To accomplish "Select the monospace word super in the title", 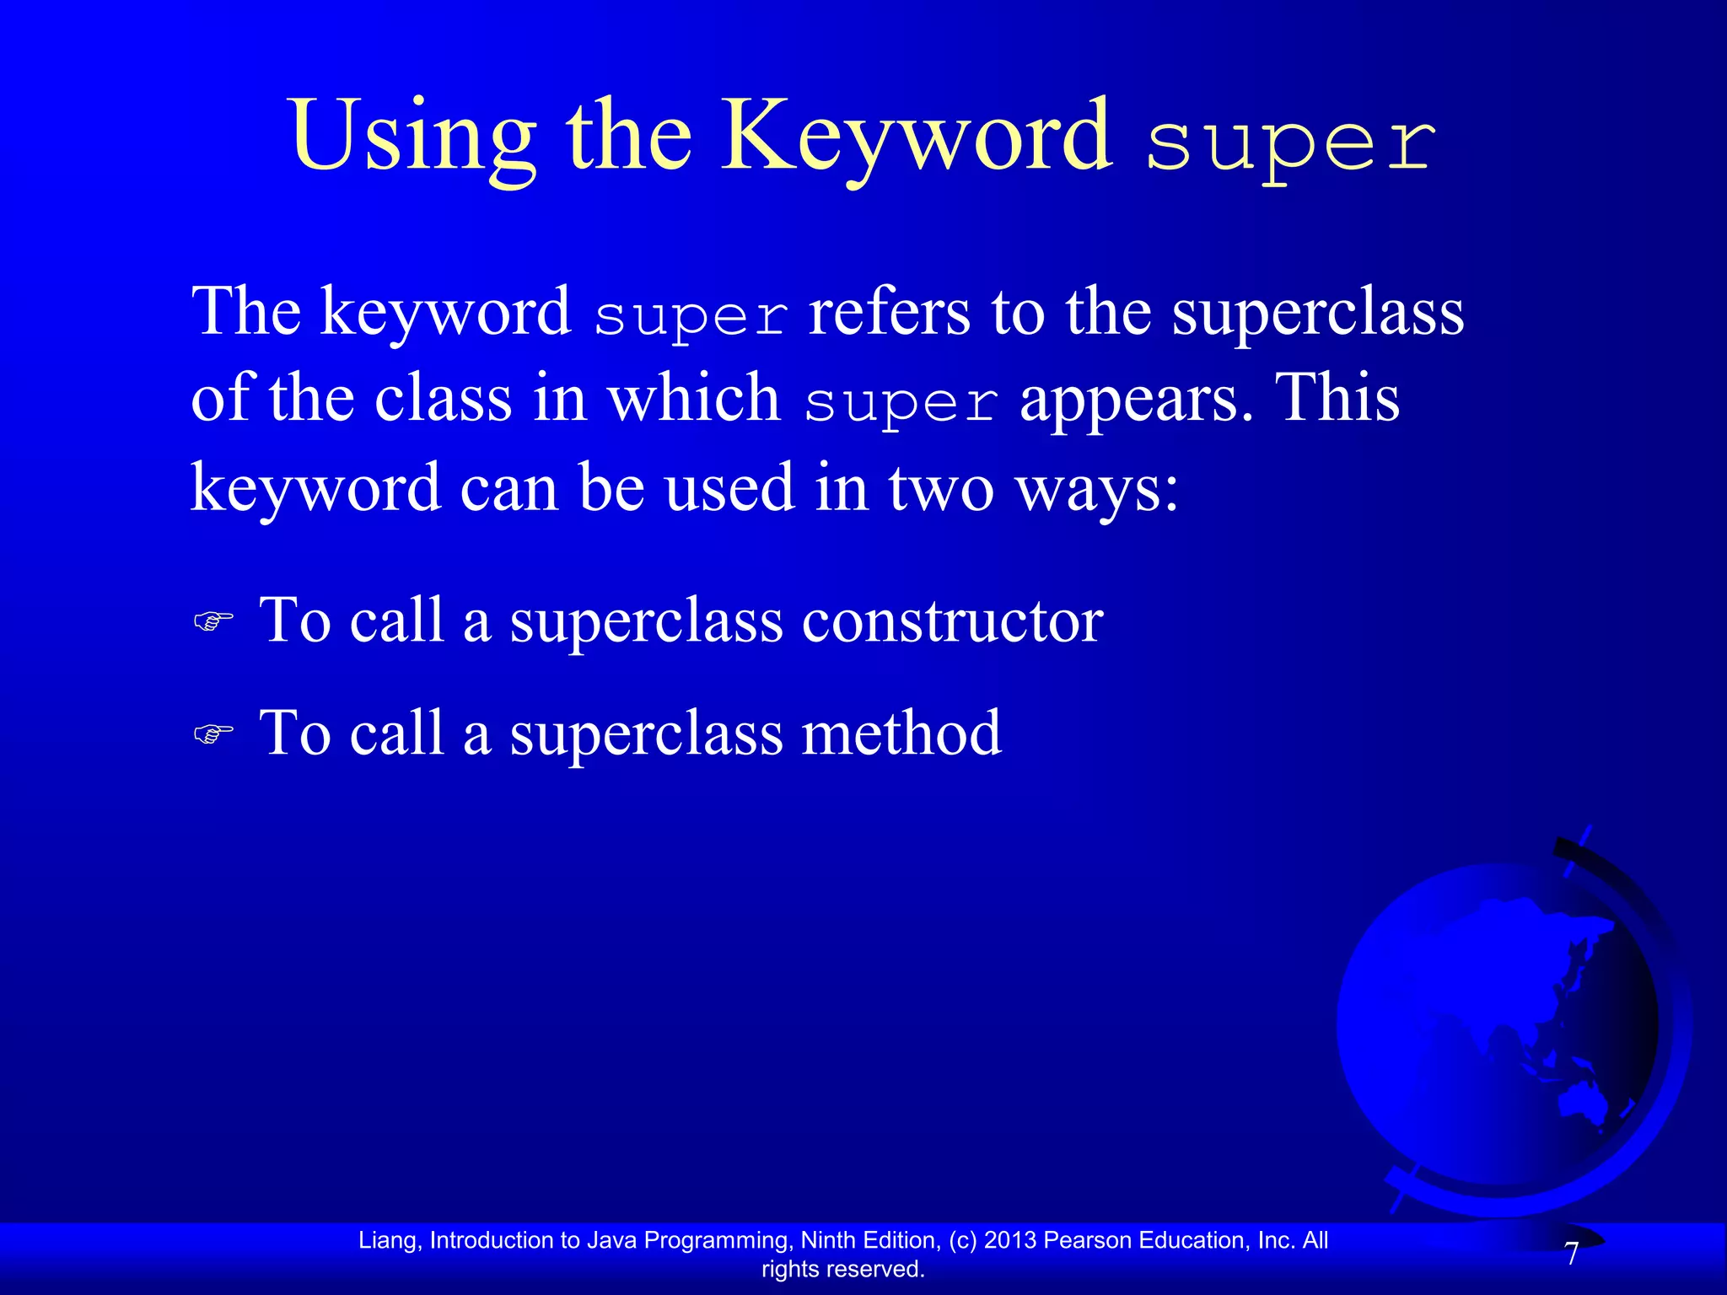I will [x=1290, y=143].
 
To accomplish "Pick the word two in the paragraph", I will [x=941, y=489].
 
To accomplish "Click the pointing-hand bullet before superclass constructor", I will [x=213, y=622].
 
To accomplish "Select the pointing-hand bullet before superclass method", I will [x=213, y=734].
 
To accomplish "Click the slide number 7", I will [x=1571, y=1255].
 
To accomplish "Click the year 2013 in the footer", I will [x=1010, y=1240].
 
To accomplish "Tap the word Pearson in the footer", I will [x=1088, y=1240].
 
